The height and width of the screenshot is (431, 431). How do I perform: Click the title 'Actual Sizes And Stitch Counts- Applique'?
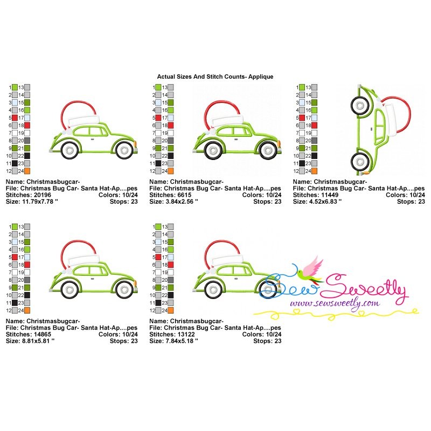click(215, 77)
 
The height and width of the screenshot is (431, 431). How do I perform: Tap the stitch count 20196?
click(43, 195)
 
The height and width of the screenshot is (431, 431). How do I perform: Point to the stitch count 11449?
click(330, 195)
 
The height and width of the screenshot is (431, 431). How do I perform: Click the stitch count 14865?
click(43, 334)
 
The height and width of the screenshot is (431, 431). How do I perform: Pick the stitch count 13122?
click(186, 334)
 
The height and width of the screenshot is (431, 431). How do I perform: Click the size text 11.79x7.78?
click(38, 201)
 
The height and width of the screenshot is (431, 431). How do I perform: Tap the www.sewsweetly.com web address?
click(335, 303)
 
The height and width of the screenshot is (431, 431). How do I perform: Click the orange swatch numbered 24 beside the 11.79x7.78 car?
click(27, 171)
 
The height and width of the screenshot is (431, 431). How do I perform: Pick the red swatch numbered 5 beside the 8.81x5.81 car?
click(15, 258)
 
